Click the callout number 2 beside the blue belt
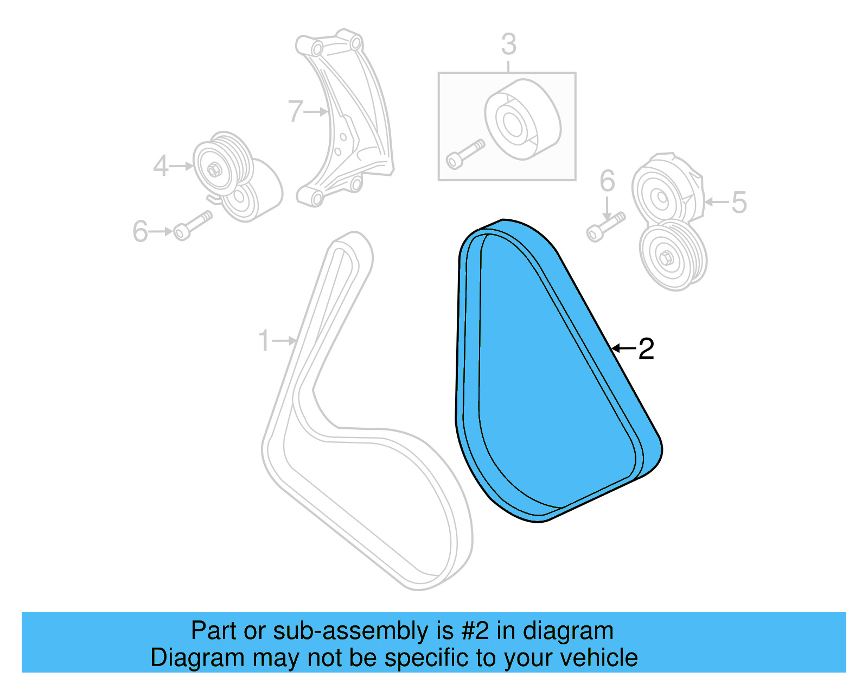click(x=646, y=348)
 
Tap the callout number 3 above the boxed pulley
click(x=508, y=44)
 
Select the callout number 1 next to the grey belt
click(x=264, y=341)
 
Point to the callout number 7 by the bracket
click(x=295, y=111)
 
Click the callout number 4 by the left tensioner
click(x=161, y=166)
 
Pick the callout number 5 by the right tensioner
click(x=739, y=202)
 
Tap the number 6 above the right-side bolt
click(x=607, y=181)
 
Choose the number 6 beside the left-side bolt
click(x=140, y=232)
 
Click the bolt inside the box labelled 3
click(x=464, y=154)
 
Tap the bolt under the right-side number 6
click(x=605, y=226)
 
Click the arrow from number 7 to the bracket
click(x=316, y=112)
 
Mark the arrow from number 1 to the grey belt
click(x=285, y=341)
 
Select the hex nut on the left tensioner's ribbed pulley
click(x=214, y=169)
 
